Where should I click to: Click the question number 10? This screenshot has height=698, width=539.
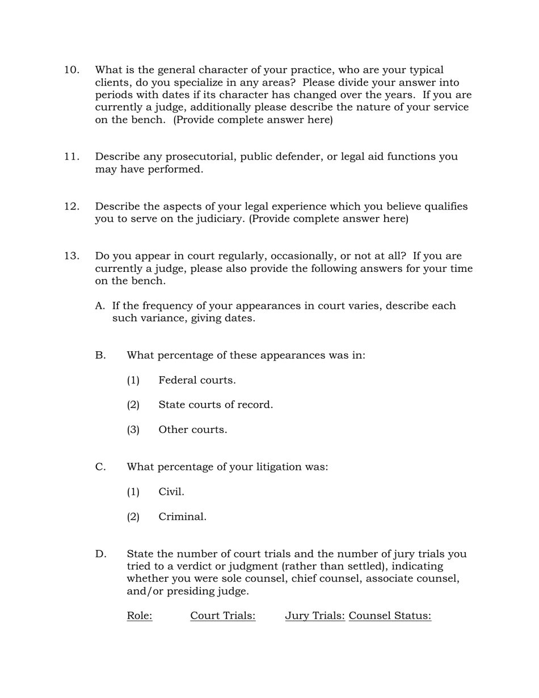point(71,70)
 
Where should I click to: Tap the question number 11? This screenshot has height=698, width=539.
point(71,157)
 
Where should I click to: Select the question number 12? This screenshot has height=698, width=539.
point(71,207)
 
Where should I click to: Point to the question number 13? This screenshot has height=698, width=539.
point(71,257)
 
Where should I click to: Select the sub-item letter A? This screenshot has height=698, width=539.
point(100,306)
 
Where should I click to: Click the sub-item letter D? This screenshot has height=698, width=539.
point(100,554)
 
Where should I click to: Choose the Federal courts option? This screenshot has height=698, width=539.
point(197,381)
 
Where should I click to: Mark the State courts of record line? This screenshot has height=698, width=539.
point(216,405)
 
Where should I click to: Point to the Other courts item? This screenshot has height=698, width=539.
point(192,430)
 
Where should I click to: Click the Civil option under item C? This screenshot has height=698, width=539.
point(171,492)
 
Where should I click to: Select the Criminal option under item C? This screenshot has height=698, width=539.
point(182,517)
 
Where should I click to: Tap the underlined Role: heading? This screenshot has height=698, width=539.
point(140,616)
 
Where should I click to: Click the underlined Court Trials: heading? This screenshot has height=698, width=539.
point(223,616)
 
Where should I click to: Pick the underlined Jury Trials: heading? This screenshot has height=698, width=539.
point(315,616)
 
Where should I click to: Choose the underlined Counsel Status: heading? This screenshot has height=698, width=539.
point(390,616)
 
